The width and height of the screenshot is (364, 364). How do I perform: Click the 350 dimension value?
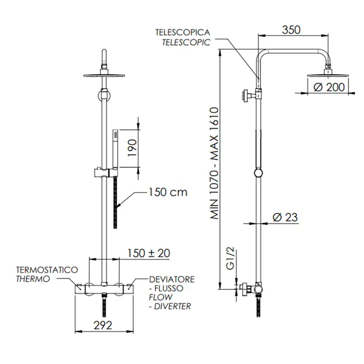[x=291, y=30]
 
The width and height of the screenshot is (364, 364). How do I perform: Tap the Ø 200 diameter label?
[x=329, y=87]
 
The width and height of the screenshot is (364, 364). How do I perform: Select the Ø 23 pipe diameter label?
[x=285, y=217]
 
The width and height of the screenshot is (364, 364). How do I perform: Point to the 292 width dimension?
[x=103, y=325]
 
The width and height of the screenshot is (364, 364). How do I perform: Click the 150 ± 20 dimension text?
[x=149, y=253]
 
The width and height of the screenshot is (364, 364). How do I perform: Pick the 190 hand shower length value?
[x=133, y=148]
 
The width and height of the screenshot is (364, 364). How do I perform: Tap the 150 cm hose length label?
[x=168, y=192]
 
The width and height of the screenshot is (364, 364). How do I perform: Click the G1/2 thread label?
[x=230, y=258]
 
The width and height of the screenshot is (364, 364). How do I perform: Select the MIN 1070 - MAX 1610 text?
[x=214, y=163]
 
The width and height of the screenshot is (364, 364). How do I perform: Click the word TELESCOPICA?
[x=183, y=32]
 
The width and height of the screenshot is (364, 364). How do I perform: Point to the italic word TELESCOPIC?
[x=186, y=42]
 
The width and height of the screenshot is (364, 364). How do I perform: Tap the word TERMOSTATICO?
[x=47, y=270]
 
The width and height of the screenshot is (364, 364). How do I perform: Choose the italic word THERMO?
[x=33, y=279]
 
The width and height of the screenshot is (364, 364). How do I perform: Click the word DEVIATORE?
[x=172, y=279]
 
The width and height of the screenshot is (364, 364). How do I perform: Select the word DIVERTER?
[x=172, y=306]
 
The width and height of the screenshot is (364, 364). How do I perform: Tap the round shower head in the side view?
[x=328, y=75]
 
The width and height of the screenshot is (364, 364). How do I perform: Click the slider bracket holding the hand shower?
[x=106, y=173]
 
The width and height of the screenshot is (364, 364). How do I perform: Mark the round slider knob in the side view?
[x=258, y=173]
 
